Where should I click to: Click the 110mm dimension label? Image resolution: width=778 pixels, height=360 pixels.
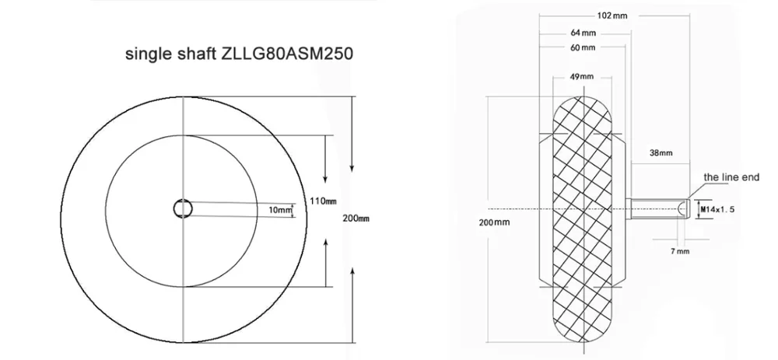pos(322,201)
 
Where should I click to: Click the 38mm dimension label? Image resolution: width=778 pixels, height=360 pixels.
pos(661,152)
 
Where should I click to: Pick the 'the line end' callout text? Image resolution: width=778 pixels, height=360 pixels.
pos(731,177)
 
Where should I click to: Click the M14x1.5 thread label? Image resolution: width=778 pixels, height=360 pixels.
pos(718,209)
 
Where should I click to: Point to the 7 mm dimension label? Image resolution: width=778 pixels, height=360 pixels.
pos(679,252)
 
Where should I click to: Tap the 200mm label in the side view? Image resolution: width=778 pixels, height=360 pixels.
pos(495,223)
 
